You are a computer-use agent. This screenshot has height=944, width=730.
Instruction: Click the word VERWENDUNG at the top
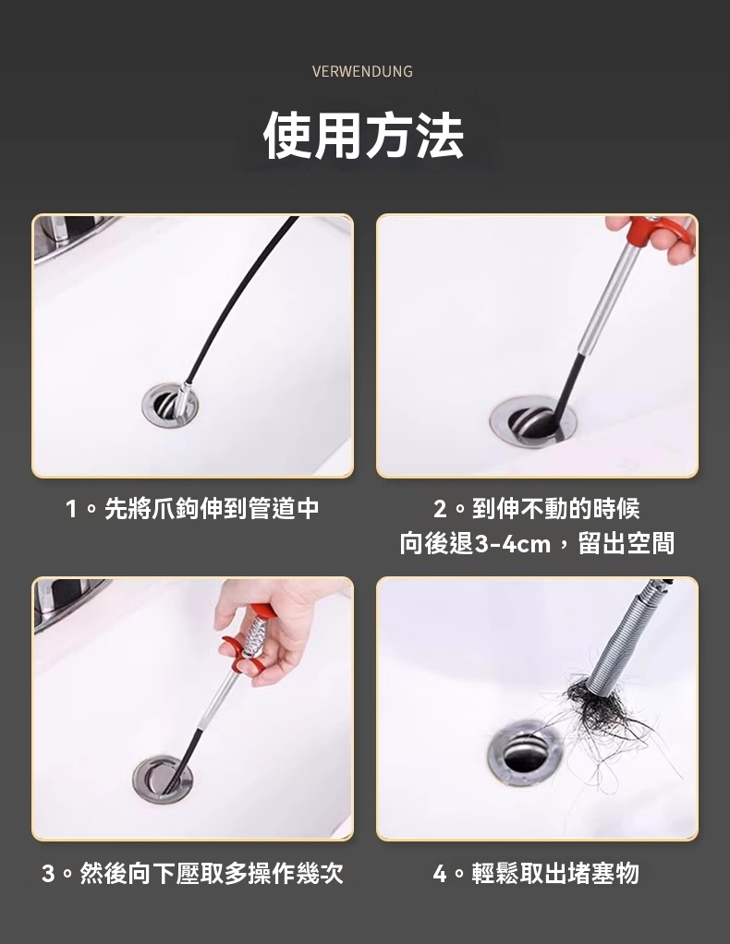(x=362, y=72)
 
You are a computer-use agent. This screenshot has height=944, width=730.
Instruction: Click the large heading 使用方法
(x=364, y=136)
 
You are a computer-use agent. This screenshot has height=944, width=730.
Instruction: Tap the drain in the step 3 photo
(x=164, y=779)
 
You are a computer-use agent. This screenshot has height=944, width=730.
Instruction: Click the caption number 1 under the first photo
(x=72, y=509)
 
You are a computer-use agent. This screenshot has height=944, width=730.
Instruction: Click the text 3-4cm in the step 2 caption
(x=513, y=544)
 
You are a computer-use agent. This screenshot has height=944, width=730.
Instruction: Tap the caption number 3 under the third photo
(x=48, y=874)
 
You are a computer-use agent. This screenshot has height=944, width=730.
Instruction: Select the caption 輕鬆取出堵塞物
(x=554, y=874)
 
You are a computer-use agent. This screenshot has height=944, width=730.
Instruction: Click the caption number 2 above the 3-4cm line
(x=440, y=509)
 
